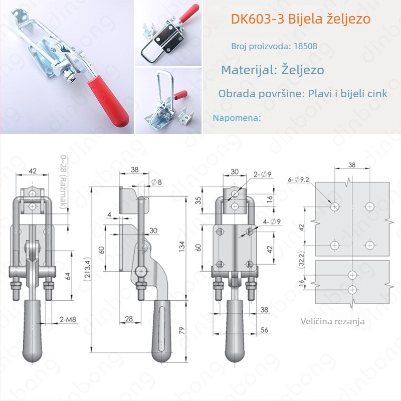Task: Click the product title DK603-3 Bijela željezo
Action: pos(301,20)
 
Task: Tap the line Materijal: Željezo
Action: pos(273,69)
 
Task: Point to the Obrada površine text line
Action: pos(303,94)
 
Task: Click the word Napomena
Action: pos(237,118)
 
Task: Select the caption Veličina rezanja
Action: pos(333,321)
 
